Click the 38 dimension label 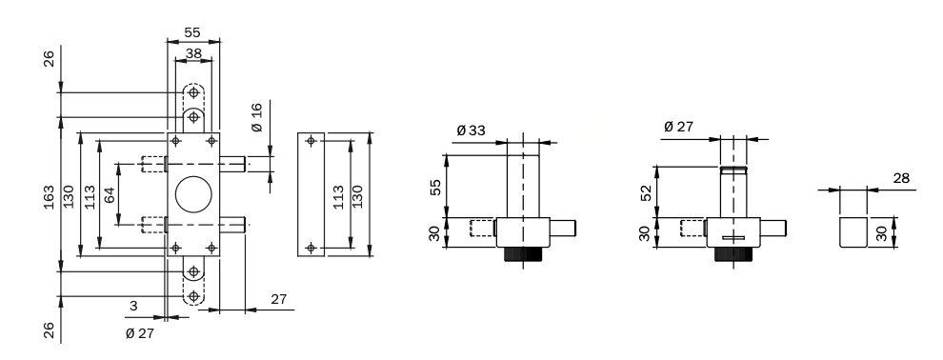tap(193, 53)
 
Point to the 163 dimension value tap(49, 197)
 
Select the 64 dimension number tap(109, 194)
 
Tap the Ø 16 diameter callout tap(257, 117)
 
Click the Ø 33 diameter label tap(471, 130)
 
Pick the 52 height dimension tap(646, 193)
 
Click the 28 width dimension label tap(901, 178)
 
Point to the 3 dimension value tap(133, 306)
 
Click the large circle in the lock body tap(193, 194)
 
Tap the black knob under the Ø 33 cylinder tap(523, 253)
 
